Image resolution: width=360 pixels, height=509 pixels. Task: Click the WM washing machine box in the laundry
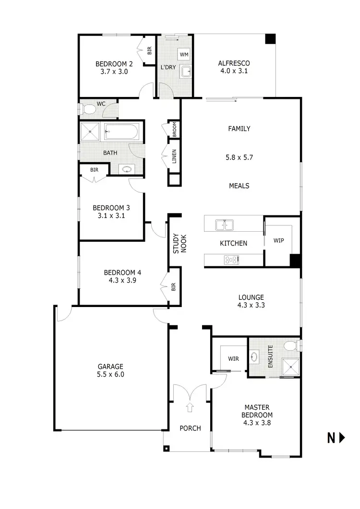click(184, 54)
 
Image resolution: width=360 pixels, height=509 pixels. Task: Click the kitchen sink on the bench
click(224, 224)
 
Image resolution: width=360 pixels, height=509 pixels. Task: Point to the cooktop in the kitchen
click(231, 260)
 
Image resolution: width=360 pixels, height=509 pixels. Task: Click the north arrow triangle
click(342, 437)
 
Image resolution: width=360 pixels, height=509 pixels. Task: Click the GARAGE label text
click(110, 367)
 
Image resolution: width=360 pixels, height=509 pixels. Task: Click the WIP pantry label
click(278, 240)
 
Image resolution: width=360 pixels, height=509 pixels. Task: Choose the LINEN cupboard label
click(174, 157)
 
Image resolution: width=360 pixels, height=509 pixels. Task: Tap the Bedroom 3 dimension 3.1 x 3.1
click(111, 216)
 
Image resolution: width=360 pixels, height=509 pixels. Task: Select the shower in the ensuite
click(290, 367)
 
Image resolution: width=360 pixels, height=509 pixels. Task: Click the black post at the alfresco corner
click(271, 39)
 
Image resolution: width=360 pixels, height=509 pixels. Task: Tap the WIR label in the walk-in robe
click(234, 358)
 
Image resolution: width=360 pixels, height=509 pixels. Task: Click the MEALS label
click(239, 186)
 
